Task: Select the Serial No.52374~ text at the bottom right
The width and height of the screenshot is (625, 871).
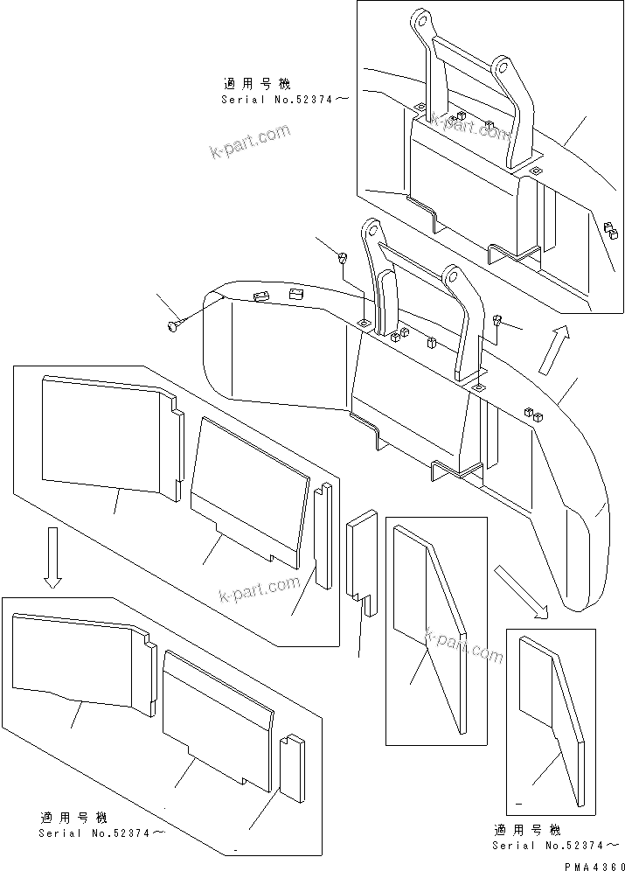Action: coord(556,845)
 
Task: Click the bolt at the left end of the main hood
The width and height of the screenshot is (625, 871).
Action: coord(170,326)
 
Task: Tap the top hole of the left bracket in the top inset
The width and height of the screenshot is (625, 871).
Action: coord(420,19)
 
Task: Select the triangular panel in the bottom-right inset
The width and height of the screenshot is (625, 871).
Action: coord(551,717)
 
